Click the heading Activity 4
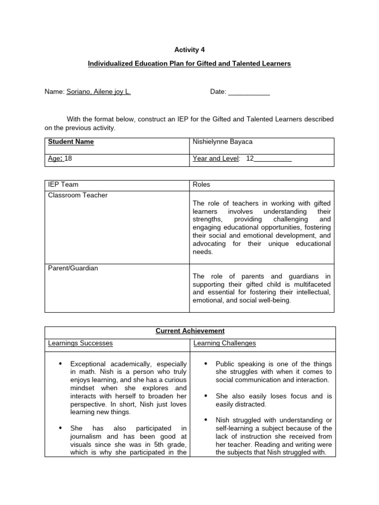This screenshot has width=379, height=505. tap(189, 50)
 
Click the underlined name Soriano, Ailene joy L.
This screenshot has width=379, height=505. tap(98, 92)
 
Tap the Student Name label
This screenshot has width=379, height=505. tap(71, 142)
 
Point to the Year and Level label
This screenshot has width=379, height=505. tap(216, 159)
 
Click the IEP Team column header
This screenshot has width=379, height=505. tap(63, 184)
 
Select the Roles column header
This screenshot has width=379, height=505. tap(201, 184)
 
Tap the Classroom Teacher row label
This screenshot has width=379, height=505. tap(77, 195)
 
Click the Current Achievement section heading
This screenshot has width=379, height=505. tap(190, 331)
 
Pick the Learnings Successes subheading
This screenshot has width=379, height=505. tap(80, 343)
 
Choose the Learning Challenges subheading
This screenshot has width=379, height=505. tap(225, 343)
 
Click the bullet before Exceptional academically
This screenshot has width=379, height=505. tap(61, 364)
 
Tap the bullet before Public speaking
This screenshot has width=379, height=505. tap(206, 364)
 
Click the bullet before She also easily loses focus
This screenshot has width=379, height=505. tap(206, 396)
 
